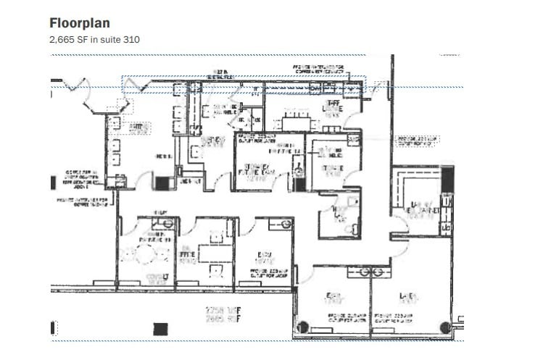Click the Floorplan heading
point(80,22)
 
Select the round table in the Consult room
point(146,254)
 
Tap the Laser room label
point(408,298)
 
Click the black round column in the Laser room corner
point(445,327)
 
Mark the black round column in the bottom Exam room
point(303,326)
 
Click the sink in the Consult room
point(167,224)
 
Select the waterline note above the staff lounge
point(321,70)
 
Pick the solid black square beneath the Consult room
point(160,329)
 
